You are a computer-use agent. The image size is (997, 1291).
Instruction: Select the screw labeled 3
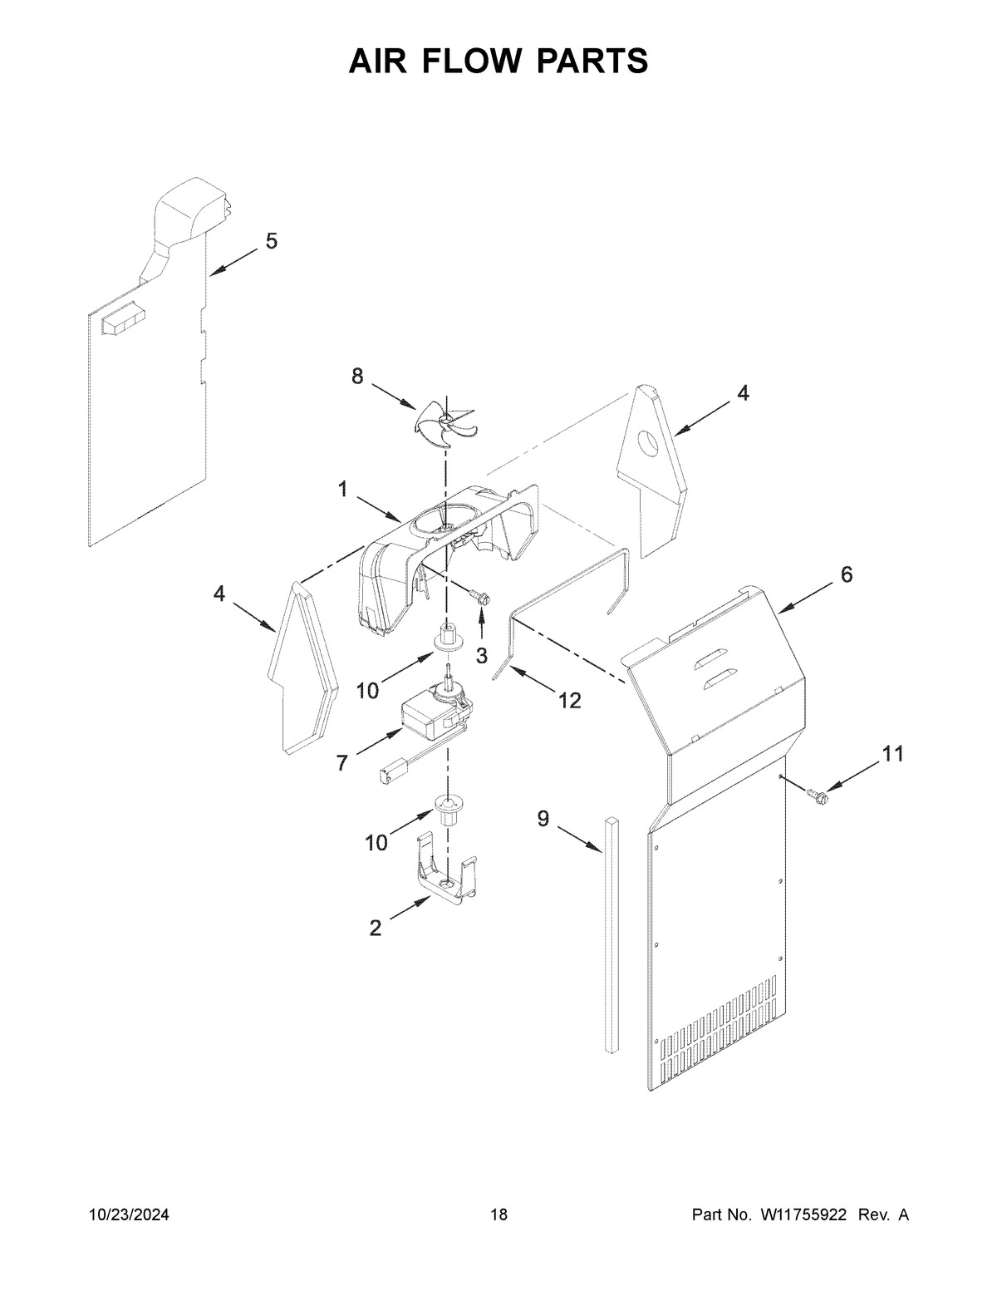click(479, 595)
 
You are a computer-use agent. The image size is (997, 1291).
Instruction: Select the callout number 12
click(569, 701)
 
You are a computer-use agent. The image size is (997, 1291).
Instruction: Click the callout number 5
click(272, 241)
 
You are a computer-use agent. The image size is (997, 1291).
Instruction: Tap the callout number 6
click(846, 574)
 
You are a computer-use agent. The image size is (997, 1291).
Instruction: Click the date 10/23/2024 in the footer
click(129, 1215)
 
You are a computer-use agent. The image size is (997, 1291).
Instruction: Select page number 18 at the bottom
click(498, 1215)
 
